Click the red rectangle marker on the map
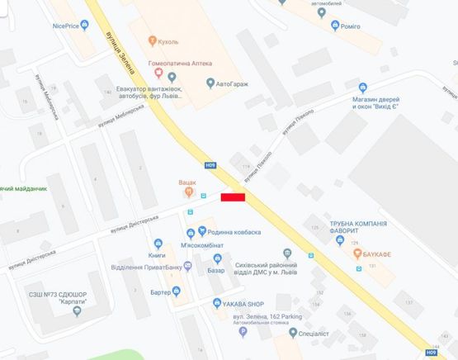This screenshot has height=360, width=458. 233,197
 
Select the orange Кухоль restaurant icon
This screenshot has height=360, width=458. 151,40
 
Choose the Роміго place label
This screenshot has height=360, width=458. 350,26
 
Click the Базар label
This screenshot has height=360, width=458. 215,270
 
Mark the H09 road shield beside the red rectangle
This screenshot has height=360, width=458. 210,165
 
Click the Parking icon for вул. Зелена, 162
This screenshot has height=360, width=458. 243,332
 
